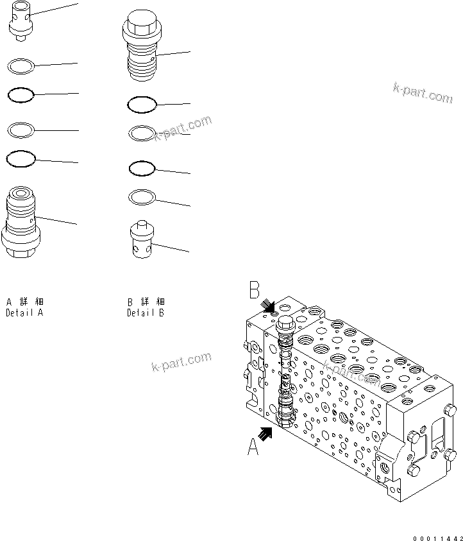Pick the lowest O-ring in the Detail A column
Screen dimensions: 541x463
click(x=20, y=157)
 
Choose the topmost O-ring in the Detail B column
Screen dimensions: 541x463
click(x=142, y=103)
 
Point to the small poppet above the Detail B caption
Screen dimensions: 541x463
click(x=141, y=239)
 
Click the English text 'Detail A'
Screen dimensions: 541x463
click(x=24, y=314)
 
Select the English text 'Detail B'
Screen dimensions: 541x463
click(x=146, y=314)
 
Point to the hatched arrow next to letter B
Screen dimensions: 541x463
click(x=269, y=307)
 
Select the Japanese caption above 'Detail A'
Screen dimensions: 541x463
click(x=24, y=302)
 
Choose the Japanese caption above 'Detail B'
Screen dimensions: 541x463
click(x=146, y=302)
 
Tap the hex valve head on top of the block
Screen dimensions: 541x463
click(x=284, y=323)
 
